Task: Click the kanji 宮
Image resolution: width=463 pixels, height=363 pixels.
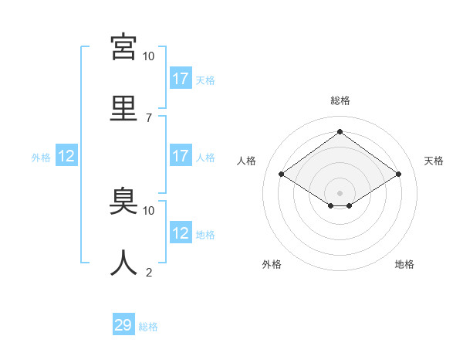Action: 123,47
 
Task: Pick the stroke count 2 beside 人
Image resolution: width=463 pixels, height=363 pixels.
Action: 148,272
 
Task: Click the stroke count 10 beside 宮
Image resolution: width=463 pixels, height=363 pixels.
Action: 148,56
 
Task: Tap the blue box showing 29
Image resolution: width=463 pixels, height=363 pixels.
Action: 123,325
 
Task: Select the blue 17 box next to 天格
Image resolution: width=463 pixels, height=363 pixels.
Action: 180,79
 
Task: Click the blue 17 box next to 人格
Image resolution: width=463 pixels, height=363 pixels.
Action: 180,156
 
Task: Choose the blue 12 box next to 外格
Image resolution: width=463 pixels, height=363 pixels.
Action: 66,156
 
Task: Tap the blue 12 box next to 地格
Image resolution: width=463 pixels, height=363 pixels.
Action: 180,233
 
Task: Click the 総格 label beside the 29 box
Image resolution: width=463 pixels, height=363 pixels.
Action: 148,327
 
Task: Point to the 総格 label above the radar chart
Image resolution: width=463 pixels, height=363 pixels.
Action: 340,100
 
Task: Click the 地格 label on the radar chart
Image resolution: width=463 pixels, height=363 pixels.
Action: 404,264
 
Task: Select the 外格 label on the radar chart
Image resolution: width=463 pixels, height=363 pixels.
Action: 272,264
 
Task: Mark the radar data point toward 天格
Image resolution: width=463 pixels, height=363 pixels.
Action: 398,175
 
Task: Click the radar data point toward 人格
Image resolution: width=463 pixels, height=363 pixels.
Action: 281,175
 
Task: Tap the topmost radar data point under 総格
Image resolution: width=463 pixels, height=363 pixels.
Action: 340,132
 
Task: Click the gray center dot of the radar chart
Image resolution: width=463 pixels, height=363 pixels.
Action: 340,192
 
